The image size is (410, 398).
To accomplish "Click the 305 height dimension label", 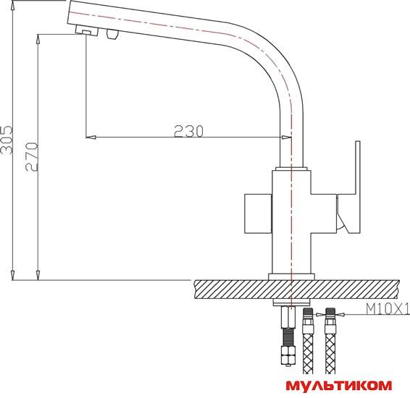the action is (x=7, y=140).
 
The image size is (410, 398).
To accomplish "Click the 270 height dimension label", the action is (x=32, y=157).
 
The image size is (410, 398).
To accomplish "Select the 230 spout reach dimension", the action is (x=188, y=132).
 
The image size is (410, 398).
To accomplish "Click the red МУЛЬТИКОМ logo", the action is (x=339, y=386).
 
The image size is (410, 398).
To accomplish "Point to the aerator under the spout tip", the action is (x=87, y=30).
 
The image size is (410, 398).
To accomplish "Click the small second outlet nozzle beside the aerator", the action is (x=112, y=34).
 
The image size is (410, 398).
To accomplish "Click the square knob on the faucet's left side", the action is (x=258, y=213).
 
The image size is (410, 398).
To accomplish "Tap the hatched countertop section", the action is (x=296, y=289).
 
